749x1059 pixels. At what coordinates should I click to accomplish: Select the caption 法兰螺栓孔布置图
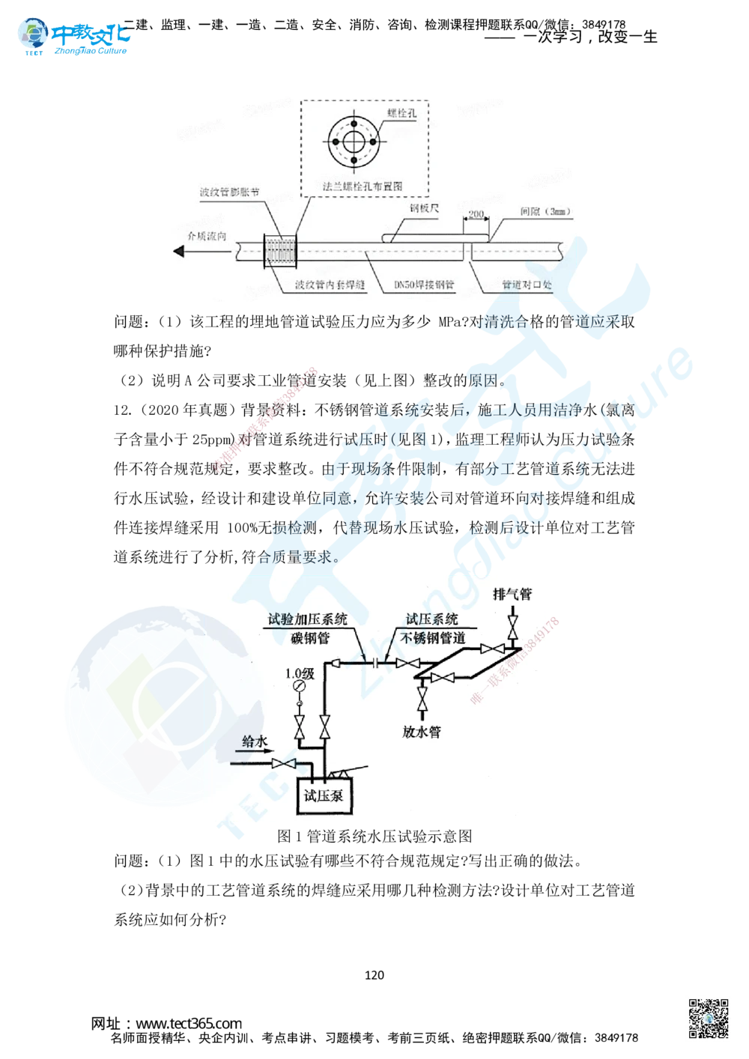click(x=365, y=183)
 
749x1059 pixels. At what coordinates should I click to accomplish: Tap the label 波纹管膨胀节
click(x=229, y=192)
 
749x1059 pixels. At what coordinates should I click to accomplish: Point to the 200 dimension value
click(x=475, y=214)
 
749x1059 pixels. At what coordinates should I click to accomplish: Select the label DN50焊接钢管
click(x=424, y=285)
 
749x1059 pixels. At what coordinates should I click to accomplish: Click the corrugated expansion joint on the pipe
click(x=281, y=252)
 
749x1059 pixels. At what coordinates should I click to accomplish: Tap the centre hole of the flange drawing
click(x=354, y=141)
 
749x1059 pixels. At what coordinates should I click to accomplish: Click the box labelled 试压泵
click(x=324, y=795)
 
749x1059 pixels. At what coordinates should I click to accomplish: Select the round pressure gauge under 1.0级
click(x=300, y=687)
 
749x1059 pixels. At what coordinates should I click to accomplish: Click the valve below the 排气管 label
click(x=513, y=623)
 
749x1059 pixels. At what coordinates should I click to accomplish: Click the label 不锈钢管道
click(x=433, y=638)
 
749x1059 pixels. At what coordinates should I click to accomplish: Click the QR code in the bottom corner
click(x=709, y=1018)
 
